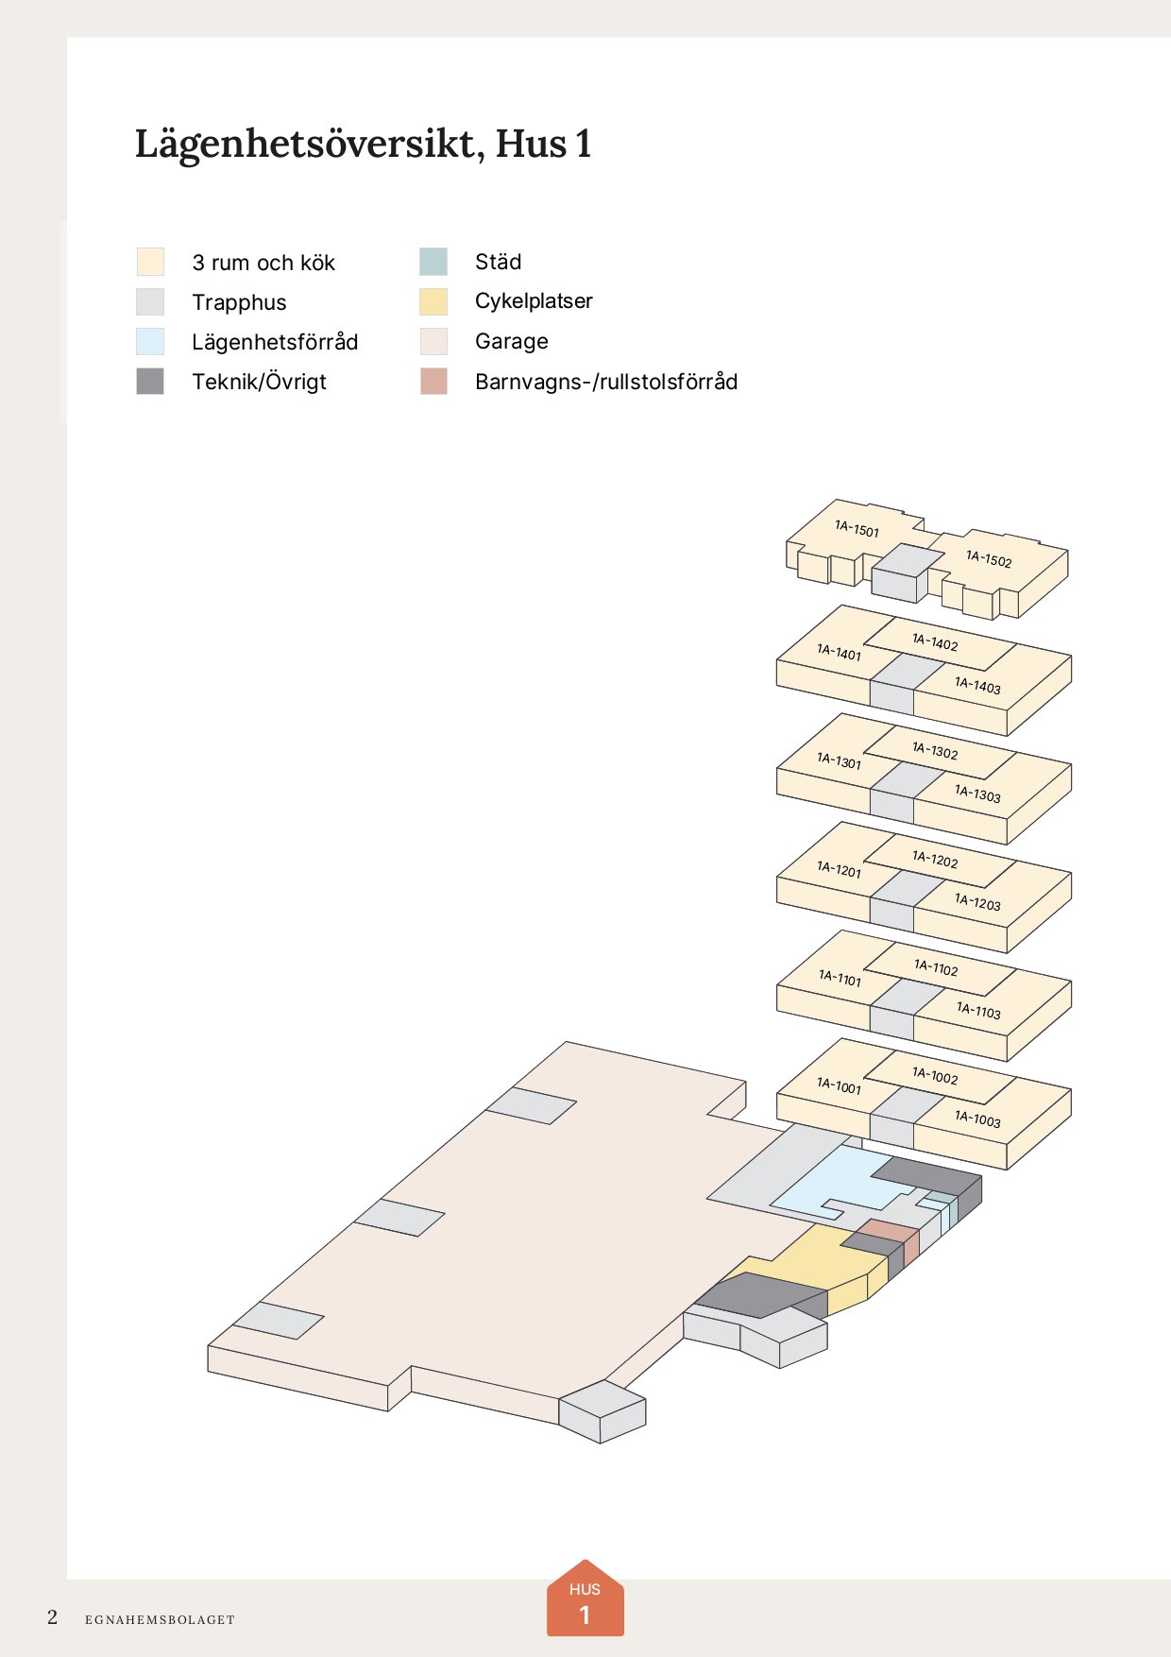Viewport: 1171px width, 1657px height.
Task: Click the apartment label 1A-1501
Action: [857, 529]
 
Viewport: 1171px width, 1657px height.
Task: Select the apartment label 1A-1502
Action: [989, 559]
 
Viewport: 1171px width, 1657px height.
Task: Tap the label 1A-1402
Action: [935, 642]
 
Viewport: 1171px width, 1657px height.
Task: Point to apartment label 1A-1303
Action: [977, 794]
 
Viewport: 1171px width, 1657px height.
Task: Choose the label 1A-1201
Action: [839, 869]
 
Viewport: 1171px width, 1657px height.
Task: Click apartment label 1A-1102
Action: [936, 967]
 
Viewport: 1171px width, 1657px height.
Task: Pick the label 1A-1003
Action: [977, 1119]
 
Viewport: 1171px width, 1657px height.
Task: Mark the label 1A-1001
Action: [839, 1085]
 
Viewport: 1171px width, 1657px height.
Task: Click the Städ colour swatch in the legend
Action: [433, 262]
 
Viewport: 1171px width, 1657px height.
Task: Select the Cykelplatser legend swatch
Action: [433, 301]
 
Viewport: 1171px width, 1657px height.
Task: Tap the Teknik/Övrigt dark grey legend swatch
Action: [150, 381]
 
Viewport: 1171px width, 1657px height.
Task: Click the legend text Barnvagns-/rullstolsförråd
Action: [606, 382]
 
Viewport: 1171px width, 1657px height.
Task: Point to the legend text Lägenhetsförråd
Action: [275, 342]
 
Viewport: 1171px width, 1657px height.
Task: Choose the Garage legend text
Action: [511, 341]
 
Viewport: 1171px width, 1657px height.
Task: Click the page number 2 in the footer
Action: [53, 1617]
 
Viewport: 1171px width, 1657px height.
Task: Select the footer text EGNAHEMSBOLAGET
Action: [160, 1619]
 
